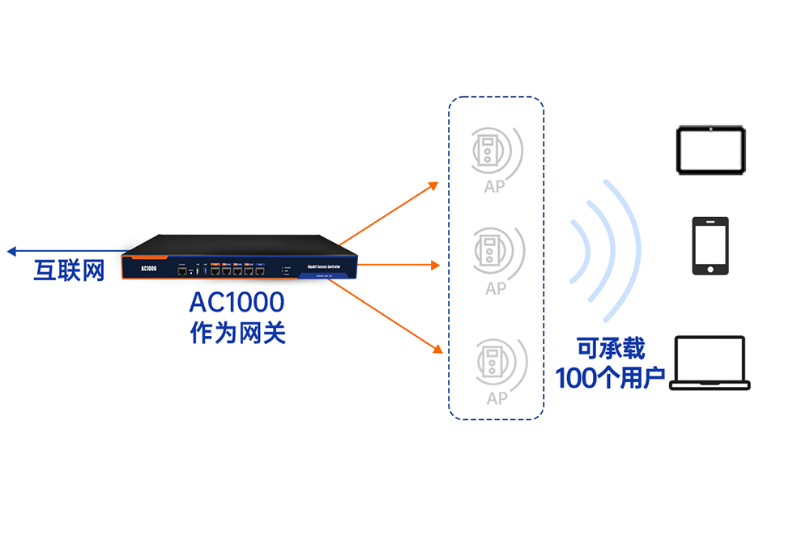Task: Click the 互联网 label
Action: [69, 270]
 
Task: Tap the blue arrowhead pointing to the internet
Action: [12, 252]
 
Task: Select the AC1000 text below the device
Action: [237, 303]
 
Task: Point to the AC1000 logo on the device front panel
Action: [148, 268]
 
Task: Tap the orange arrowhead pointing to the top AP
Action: [433, 186]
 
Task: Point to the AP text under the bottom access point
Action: [497, 398]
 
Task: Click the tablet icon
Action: [710, 149]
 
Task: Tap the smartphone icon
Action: [710, 246]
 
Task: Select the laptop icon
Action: [710, 363]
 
